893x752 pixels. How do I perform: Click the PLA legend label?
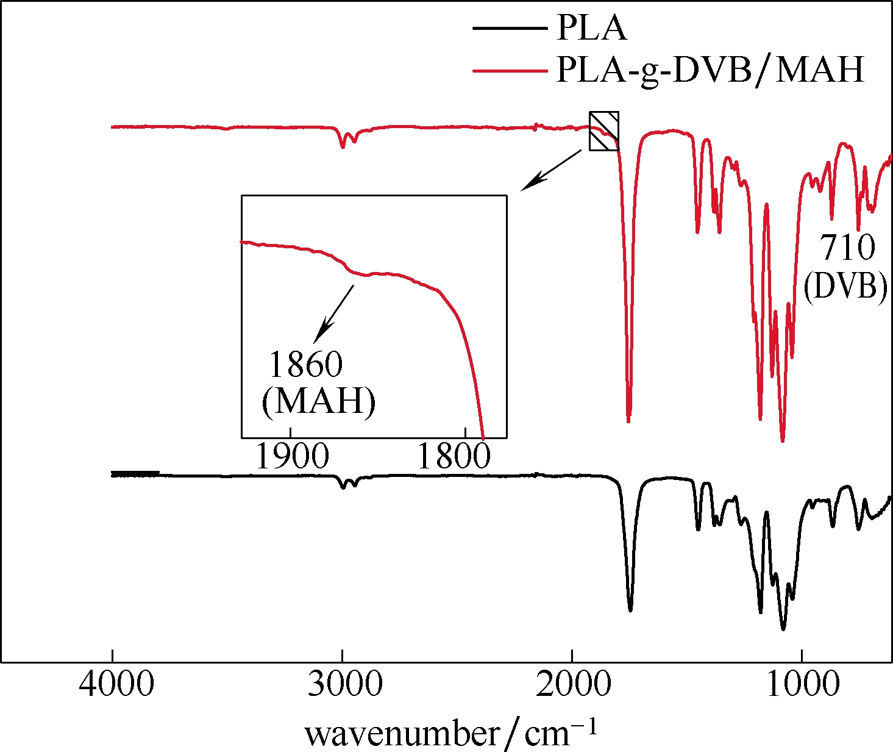pyautogui.click(x=591, y=28)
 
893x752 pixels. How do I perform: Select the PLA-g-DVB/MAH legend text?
pyautogui.click(x=711, y=70)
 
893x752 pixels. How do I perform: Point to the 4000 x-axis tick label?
pyautogui.click(x=116, y=686)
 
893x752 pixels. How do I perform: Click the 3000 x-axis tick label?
pyautogui.click(x=345, y=686)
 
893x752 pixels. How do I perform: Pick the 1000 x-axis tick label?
pyautogui.click(x=804, y=686)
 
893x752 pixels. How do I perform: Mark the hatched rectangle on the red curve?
pyautogui.click(x=604, y=131)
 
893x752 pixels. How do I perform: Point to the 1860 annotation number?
pyautogui.click(x=306, y=365)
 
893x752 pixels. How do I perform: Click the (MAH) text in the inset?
pyautogui.click(x=318, y=403)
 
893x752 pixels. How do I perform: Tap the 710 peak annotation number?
pyautogui.click(x=847, y=248)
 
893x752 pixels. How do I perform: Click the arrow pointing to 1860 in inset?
pyautogui.click(x=334, y=312)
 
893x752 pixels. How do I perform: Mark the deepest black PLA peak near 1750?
pyautogui.click(x=630, y=608)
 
